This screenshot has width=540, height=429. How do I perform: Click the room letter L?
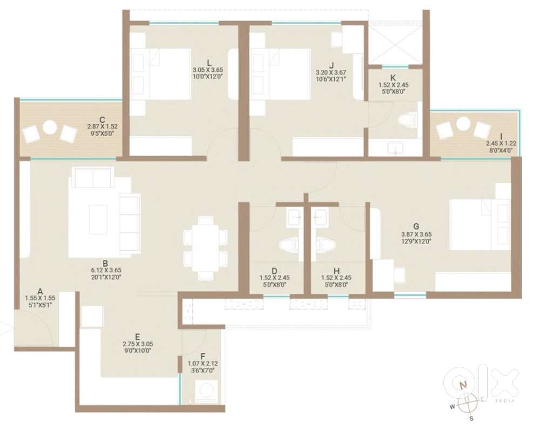coord(208,63)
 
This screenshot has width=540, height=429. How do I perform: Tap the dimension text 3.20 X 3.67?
coord(330,73)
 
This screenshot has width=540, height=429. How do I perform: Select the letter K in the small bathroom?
coord(393,78)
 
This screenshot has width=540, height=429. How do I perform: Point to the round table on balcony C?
coord(50,128)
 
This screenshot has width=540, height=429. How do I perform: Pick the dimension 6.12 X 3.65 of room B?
coord(106,271)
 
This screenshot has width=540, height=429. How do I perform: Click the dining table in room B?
coord(206,248)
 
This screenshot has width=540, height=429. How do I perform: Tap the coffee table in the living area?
coord(98,219)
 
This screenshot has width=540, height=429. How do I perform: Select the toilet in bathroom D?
coord(288,245)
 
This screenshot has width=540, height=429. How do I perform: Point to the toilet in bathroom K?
coord(407,120)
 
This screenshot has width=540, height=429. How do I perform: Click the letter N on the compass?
coord(464,384)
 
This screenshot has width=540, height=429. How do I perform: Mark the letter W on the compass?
coord(452,407)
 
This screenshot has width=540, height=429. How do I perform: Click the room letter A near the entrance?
coord(40,292)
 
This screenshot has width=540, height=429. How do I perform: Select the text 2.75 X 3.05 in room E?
coord(138,344)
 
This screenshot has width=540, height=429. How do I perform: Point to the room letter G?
coord(416,226)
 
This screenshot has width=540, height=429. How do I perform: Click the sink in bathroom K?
coord(395,149)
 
